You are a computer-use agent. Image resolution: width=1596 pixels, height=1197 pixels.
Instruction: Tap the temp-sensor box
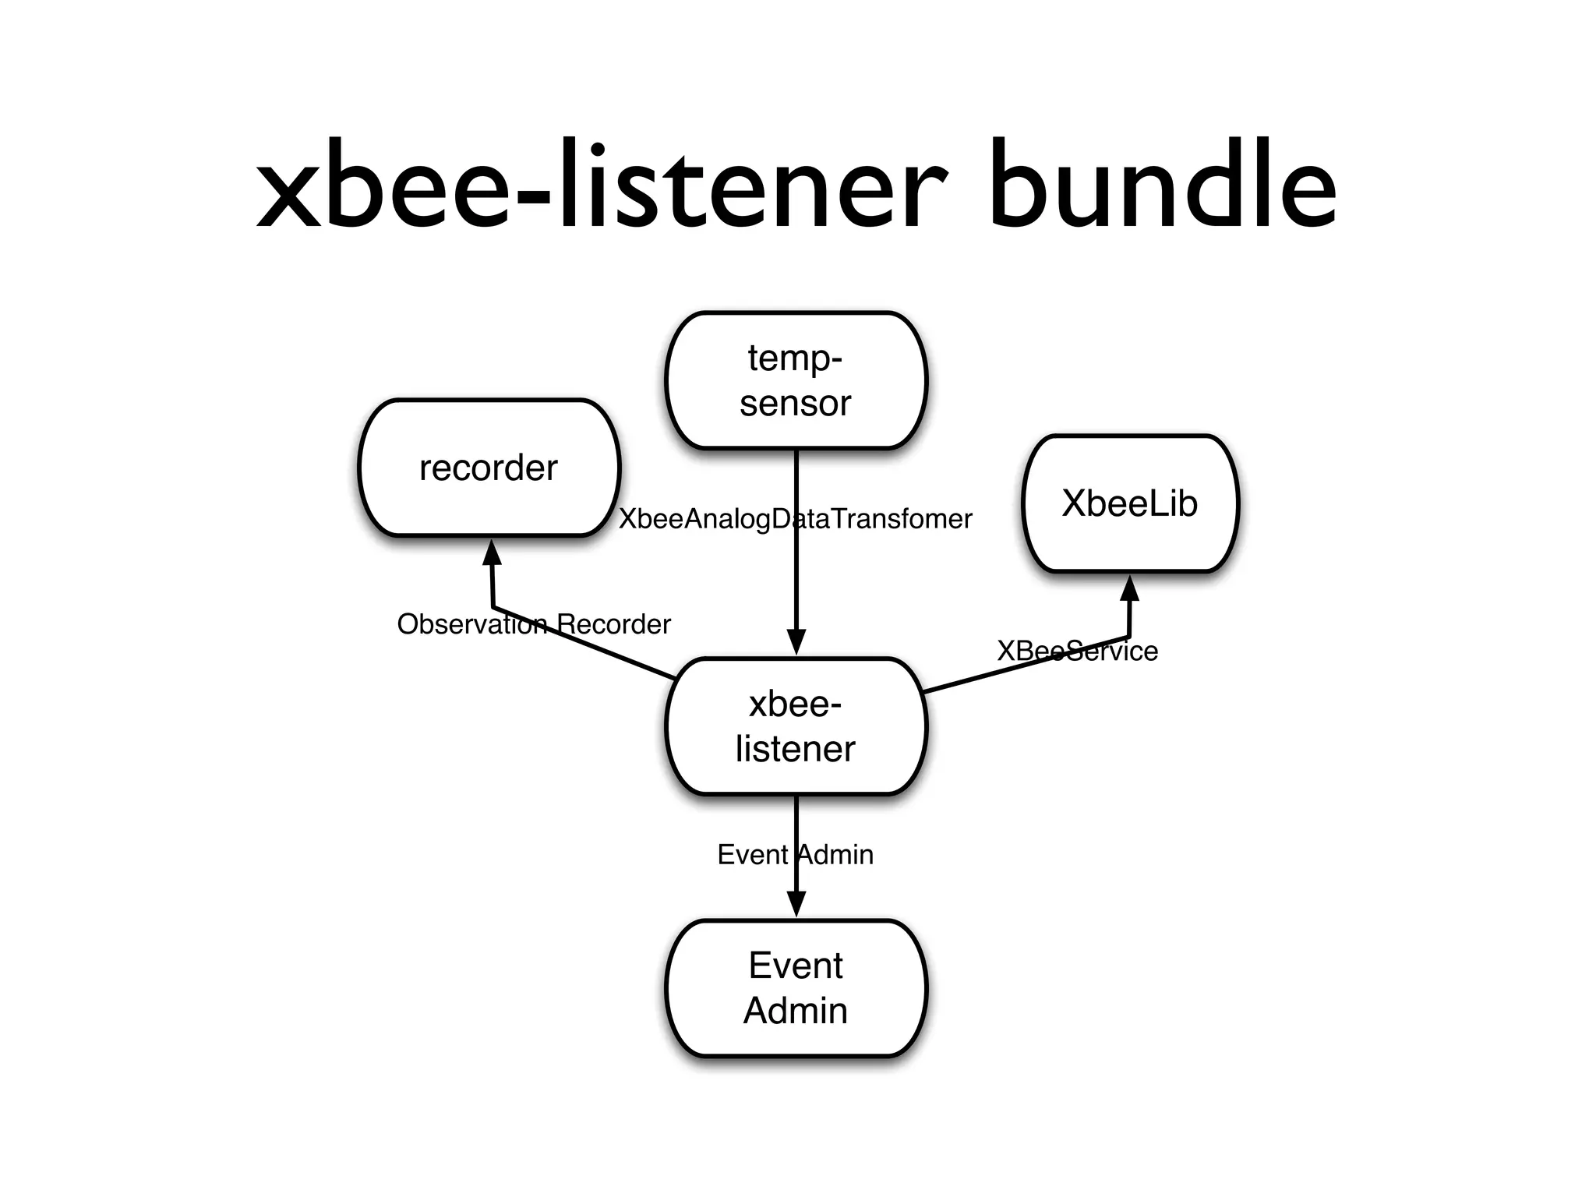(x=796, y=380)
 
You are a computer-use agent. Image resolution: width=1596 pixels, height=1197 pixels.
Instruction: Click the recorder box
(x=489, y=468)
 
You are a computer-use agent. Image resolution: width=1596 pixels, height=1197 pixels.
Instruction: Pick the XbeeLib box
(x=1129, y=503)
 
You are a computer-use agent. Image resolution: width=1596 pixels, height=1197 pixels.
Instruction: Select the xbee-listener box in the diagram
(x=796, y=726)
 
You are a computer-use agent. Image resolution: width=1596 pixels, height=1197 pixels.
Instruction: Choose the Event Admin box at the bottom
(x=796, y=988)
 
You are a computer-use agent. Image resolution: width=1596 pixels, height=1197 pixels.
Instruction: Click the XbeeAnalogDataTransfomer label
(x=795, y=519)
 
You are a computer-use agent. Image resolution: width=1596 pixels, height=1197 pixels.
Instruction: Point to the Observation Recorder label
(x=533, y=624)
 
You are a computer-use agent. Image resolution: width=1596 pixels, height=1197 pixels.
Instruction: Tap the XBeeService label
(x=1077, y=651)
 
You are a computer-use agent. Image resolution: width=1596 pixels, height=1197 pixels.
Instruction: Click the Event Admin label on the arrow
(x=795, y=855)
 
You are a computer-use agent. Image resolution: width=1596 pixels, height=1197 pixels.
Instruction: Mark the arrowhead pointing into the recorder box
(x=492, y=553)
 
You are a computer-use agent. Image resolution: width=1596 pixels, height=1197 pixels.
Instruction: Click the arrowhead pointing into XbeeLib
(x=1130, y=588)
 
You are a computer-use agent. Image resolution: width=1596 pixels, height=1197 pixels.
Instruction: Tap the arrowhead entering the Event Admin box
(x=796, y=904)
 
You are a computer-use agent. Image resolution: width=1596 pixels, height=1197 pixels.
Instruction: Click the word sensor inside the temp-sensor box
(x=795, y=404)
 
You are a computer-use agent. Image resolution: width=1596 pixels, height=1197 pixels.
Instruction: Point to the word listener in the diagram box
(x=795, y=749)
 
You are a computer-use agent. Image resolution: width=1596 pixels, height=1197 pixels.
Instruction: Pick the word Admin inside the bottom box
(x=795, y=1011)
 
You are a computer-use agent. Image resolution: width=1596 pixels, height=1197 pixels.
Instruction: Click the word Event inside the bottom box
(x=795, y=966)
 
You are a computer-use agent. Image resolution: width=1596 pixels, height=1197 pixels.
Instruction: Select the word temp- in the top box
(x=795, y=358)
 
